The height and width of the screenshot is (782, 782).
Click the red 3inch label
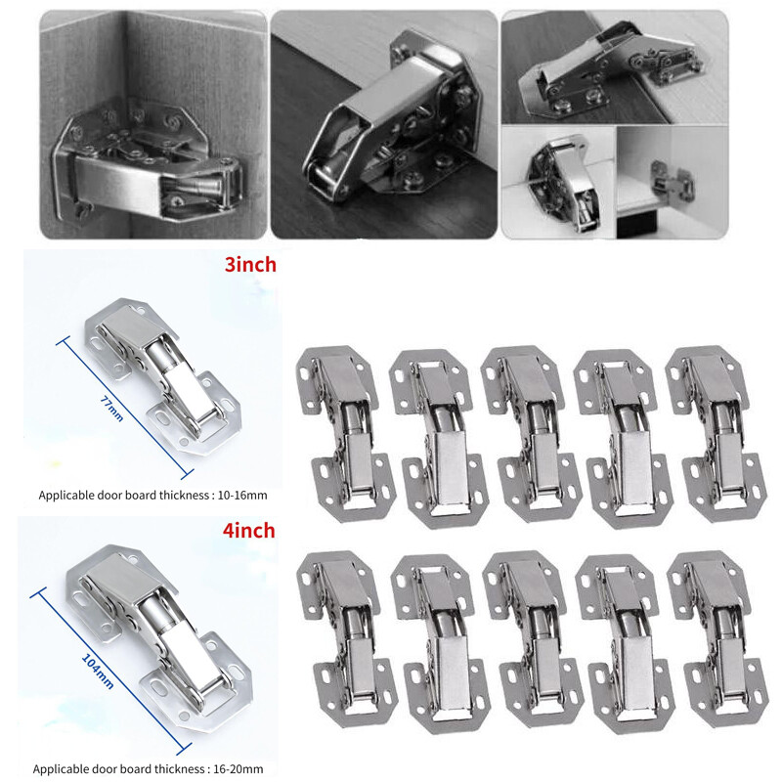(x=250, y=264)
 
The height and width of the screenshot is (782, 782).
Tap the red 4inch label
(x=249, y=530)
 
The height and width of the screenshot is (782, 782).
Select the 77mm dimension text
(x=112, y=409)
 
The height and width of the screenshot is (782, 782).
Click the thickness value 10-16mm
(x=242, y=496)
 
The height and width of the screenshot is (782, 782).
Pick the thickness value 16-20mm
(x=239, y=769)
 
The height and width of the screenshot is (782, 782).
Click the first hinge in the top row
(x=345, y=434)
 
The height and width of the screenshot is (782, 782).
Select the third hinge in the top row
(x=532, y=434)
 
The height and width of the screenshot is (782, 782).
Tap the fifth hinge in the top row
(x=716, y=434)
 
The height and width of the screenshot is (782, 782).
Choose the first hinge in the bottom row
(x=347, y=639)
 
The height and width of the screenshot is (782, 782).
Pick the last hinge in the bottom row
(x=717, y=639)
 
